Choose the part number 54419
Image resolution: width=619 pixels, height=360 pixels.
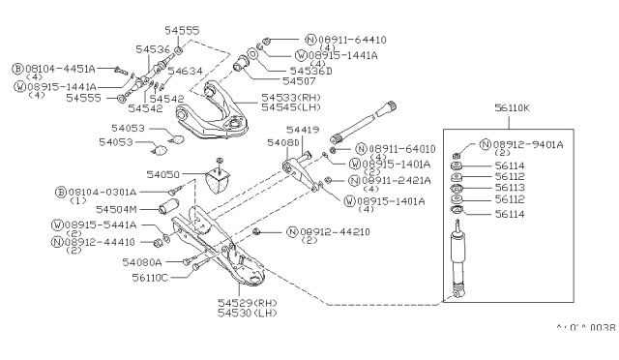pos(302,129)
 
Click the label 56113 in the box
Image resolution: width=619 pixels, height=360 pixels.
pos(509,190)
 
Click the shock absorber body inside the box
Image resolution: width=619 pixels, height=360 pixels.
pos(457,256)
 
